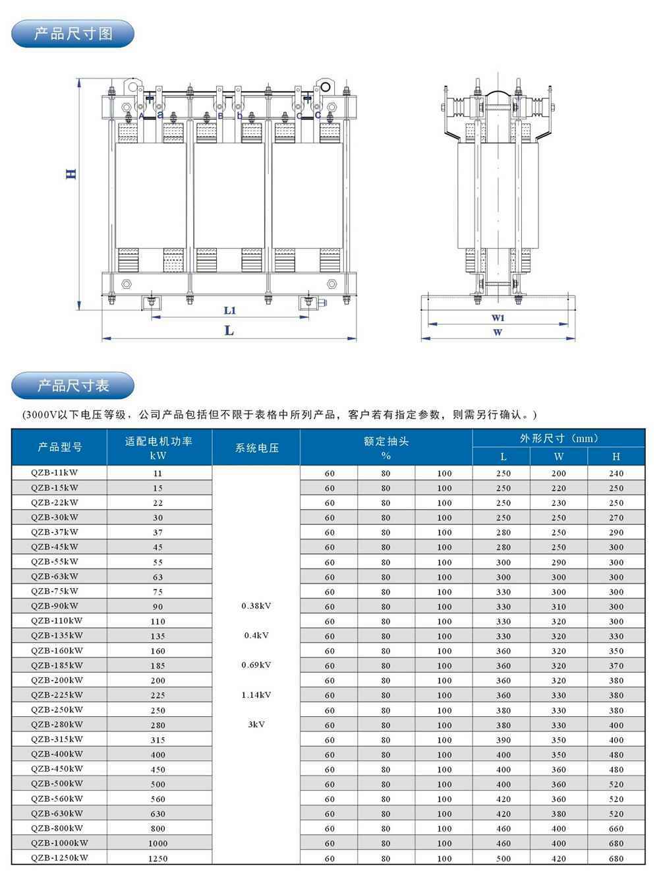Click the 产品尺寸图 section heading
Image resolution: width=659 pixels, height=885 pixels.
tap(73, 34)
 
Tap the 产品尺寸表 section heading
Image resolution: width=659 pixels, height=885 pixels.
tap(73, 385)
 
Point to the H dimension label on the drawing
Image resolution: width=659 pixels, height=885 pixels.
tap(71, 175)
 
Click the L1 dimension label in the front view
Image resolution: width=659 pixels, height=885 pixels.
tap(229, 310)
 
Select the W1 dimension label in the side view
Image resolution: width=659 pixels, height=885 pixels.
tap(498, 317)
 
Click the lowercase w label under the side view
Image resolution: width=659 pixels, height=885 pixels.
tap(498, 332)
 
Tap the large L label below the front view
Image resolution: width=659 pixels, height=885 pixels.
tap(229, 330)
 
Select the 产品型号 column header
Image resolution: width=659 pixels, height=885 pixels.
tap(60, 447)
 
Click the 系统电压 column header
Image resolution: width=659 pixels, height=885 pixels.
tap(256, 448)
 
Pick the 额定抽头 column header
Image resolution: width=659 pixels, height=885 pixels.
tap(386, 441)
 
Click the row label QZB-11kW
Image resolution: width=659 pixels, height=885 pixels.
tap(55, 472)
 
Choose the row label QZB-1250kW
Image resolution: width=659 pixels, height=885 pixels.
tap(59, 858)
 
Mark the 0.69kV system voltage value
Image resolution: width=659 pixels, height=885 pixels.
tap(256, 665)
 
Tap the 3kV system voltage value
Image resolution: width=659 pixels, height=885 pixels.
tap(256, 724)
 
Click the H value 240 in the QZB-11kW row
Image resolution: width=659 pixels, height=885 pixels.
tap(616, 473)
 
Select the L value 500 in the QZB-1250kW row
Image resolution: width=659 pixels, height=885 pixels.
tap(503, 859)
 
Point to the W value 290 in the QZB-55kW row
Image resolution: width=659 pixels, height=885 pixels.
tap(559, 563)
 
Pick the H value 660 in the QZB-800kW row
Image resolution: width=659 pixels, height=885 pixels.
tap(616, 829)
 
